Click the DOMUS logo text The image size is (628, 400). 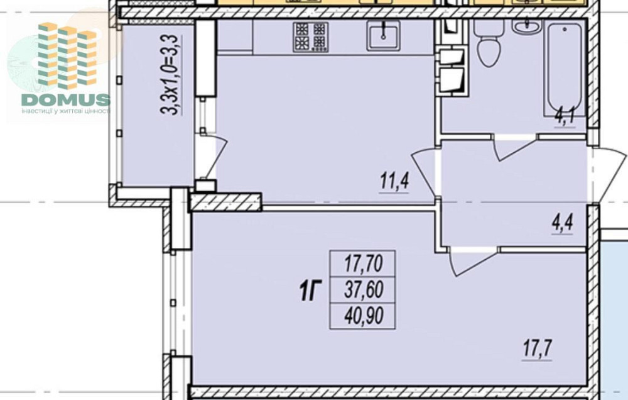pos(66,99)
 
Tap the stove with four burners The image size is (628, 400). pos(310,37)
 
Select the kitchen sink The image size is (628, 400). pos(383,35)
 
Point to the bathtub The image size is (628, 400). pos(565,69)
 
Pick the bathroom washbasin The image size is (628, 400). pos(527,26)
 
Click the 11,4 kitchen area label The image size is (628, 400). pos(394,181)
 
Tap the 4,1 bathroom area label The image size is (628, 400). pos(565,118)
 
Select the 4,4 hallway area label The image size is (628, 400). pos(563,223)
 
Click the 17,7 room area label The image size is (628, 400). pos(538,348)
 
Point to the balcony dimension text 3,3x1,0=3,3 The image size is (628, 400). pos(169,75)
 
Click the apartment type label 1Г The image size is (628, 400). pos(311,291)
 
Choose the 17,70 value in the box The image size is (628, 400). pos(363,264)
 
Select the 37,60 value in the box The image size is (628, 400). pos(363,290)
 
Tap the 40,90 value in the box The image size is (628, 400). pos(364,315)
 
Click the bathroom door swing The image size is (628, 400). pos(515,148)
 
